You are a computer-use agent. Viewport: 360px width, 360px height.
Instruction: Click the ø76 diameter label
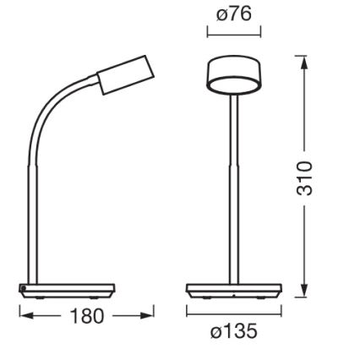click(233, 14)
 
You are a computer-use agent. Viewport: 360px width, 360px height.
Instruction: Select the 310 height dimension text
click(305, 178)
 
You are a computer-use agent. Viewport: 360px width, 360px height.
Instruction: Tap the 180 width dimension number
click(85, 316)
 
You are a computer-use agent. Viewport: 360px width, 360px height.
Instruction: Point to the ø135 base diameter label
click(233, 331)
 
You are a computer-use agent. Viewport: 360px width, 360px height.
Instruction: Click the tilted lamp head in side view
click(125, 75)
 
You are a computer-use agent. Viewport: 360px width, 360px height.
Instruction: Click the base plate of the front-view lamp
click(233, 291)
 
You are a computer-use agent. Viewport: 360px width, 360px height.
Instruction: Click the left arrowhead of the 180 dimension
click(25, 316)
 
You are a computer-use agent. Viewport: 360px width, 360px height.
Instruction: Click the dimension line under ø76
click(234, 33)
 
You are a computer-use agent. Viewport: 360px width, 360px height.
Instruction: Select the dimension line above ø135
click(233, 313)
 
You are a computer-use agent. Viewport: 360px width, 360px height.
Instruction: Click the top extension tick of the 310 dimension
click(301, 56)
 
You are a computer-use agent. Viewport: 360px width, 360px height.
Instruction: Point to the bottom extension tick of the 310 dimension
click(301, 297)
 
